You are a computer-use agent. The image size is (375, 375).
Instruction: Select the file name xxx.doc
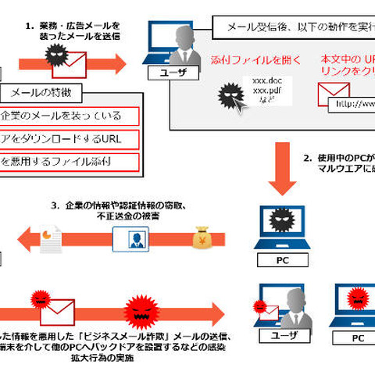[x=257, y=80]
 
